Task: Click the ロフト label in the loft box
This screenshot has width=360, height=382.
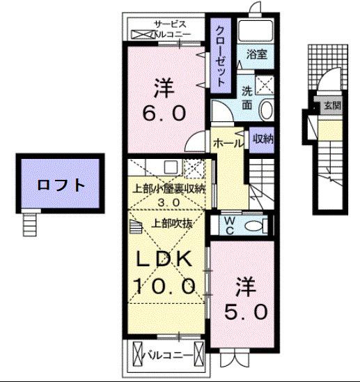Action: [x=61, y=185]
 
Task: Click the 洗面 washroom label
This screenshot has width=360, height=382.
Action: [x=247, y=97]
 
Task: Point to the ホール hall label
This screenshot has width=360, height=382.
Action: [x=228, y=142]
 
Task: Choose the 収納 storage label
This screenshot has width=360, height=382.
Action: [x=263, y=138]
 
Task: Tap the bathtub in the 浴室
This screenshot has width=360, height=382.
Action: [x=255, y=31]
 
